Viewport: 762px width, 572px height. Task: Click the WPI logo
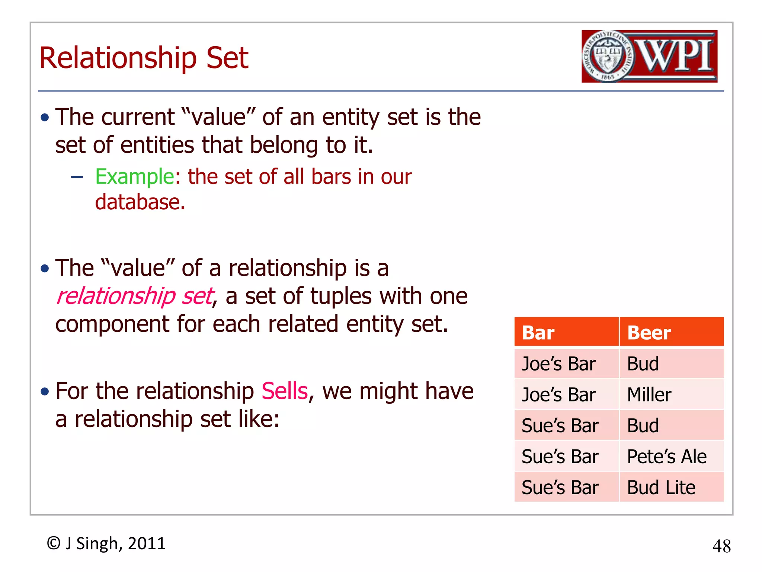(x=649, y=56)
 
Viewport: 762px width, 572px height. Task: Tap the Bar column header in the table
(x=538, y=333)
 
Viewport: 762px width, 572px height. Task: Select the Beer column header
(x=649, y=333)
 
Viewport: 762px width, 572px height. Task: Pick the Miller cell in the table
(x=649, y=395)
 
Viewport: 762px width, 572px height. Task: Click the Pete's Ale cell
(x=666, y=457)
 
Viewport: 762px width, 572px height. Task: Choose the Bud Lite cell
(x=661, y=487)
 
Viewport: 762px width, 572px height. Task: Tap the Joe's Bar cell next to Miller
(x=558, y=395)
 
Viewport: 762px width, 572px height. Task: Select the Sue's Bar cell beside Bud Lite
(x=560, y=487)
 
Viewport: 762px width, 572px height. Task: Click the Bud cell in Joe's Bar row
(x=643, y=364)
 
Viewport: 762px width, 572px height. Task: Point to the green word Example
(x=134, y=177)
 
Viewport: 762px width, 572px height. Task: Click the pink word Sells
(x=285, y=391)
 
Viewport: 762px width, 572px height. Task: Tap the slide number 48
(x=721, y=546)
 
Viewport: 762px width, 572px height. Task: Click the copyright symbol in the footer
(x=54, y=543)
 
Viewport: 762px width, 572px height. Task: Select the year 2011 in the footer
(x=147, y=543)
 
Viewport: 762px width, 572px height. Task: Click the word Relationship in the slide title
(x=118, y=58)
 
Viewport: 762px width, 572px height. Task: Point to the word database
(x=140, y=202)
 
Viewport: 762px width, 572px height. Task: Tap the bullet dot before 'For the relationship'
(x=45, y=392)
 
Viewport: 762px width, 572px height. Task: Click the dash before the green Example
(x=77, y=177)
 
